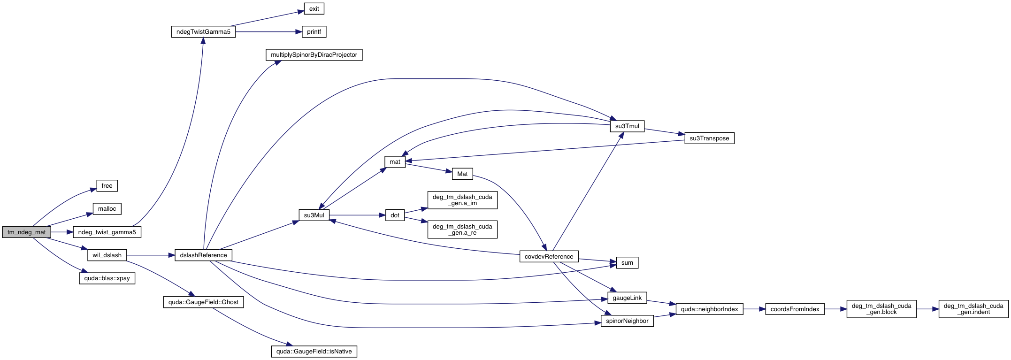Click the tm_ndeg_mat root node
[x=27, y=232]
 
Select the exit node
[x=314, y=8]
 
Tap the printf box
[x=314, y=32]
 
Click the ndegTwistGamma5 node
[x=203, y=32]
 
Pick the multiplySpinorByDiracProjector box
[x=314, y=55]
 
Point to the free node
[x=107, y=186]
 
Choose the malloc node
[x=107, y=209]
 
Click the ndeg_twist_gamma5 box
[x=107, y=232]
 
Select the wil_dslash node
[x=107, y=255]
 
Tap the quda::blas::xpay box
[x=107, y=278]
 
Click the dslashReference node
[x=203, y=255]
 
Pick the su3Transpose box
[x=709, y=138]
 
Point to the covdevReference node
[x=549, y=257]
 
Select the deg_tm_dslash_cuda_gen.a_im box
[x=462, y=200]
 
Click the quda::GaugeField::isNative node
[x=314, y=352]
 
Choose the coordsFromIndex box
[x=795, y=309]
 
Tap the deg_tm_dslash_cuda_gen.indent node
[x=973, y=309]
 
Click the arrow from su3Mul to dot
[x=357, y=215]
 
